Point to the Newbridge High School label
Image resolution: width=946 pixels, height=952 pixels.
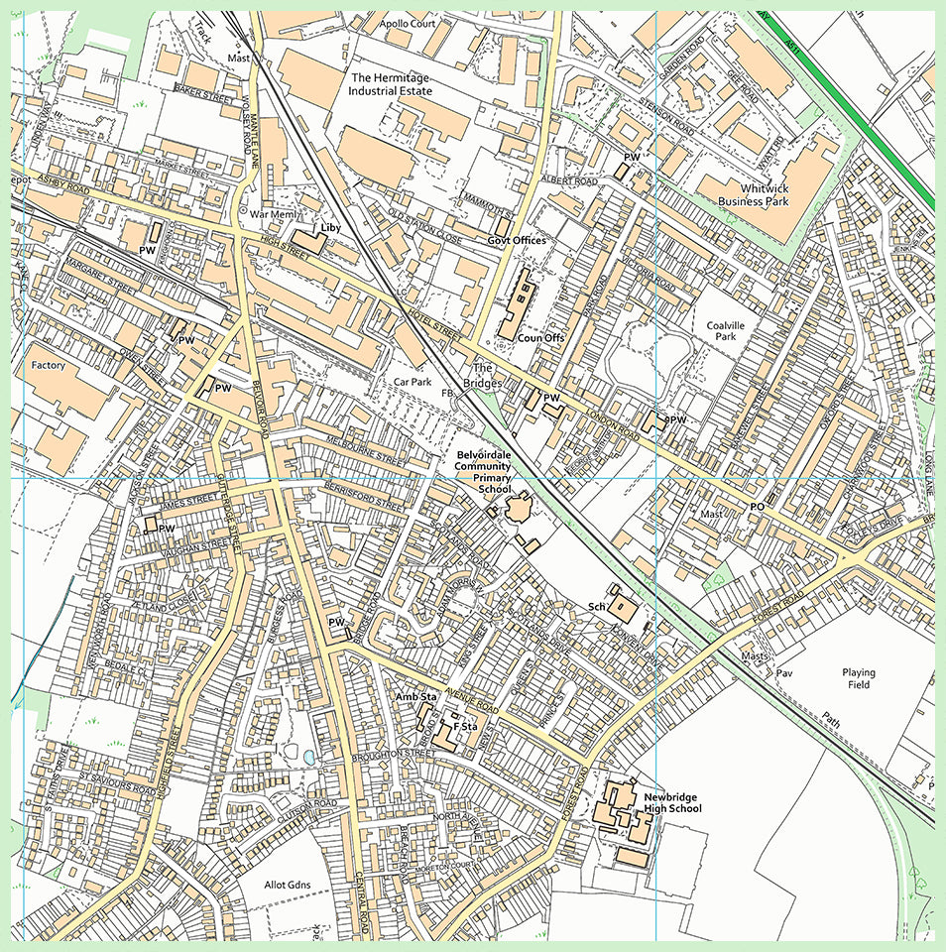pos(672,802)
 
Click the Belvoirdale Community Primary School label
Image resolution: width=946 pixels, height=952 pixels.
pos(483,472)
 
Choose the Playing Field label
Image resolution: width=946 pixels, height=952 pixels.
pos(859,678)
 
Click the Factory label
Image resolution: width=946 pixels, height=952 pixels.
pos(48,366)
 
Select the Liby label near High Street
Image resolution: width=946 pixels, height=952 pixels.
pos(330,228)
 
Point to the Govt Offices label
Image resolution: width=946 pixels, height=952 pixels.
pos(516,241)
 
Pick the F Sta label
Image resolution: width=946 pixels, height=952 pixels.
pos(466,728)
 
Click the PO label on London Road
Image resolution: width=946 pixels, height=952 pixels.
pos(757,507)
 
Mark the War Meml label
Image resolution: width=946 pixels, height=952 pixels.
pos(273,213)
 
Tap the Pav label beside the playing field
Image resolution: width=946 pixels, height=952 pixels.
pos(785,673)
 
